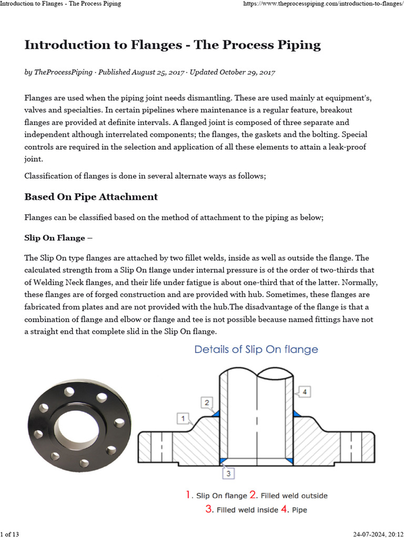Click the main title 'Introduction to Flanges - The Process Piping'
point(173,45)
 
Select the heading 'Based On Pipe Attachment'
point(91,197)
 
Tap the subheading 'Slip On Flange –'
point(58,238)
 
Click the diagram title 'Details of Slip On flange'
point(256,349)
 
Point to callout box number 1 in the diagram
point(183,418)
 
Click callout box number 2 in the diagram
point(207,403)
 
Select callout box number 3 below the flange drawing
point(228,473)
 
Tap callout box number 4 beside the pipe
point(305,391)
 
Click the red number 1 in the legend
point(189,495)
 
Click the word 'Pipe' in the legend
point(299,509)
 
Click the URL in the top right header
point(322,4)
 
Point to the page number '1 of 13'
point(11,534)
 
